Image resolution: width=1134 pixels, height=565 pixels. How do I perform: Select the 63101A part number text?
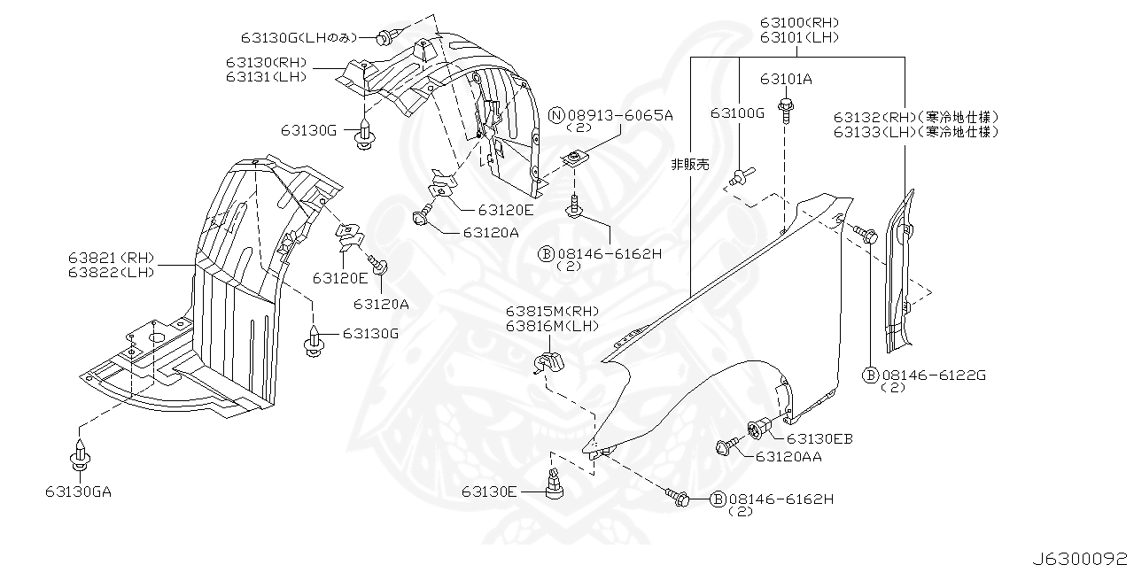pos(785,79)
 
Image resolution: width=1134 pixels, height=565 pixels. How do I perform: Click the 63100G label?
pos(736,112)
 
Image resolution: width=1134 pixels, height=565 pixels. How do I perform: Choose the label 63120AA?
pos(788,457)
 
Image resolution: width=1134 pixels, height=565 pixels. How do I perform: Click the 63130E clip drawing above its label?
pos(556,484)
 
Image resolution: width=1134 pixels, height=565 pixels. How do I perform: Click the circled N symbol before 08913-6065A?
pos(556,115)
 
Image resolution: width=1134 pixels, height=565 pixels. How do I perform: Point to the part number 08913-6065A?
pos(620,115)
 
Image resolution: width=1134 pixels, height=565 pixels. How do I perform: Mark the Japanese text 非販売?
pos(690,165)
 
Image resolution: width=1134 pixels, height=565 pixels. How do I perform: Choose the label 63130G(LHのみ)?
pos(298,37)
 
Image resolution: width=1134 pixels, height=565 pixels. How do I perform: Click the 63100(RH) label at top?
pos(798,22)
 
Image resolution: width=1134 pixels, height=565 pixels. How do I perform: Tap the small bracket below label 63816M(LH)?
pos(549,362)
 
